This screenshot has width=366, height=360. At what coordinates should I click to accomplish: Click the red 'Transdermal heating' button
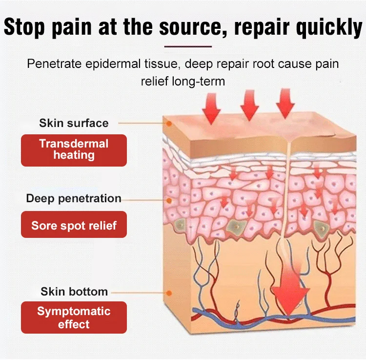[74, 150]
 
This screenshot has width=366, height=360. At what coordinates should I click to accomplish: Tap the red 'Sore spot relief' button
[74, 226]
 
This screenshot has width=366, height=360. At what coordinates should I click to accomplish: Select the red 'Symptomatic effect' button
[74, 318]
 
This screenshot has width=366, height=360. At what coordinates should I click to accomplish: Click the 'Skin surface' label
[74, 123]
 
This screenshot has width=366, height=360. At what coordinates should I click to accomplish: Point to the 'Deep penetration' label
[74, 198]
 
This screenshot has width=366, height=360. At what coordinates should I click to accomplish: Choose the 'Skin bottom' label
[74, 292]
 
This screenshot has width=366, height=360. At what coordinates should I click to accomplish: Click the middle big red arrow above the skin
[249, 105]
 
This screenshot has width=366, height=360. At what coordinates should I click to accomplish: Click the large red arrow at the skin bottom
[290, 293]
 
